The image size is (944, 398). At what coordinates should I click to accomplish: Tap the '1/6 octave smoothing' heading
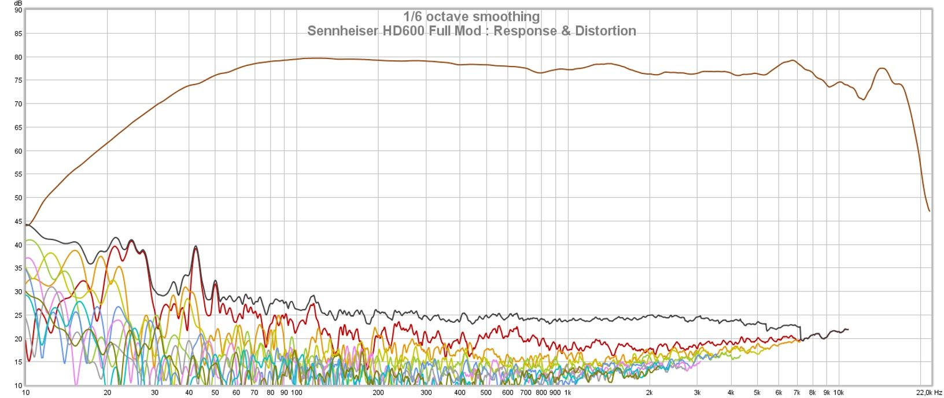pos(471,17)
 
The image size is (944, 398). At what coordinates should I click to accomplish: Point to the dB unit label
pos(18,3)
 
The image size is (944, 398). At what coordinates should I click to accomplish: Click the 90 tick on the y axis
pos(18,10)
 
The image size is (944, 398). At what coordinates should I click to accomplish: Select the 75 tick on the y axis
pos(18,80)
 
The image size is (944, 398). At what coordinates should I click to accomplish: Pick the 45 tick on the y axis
pos(18,222)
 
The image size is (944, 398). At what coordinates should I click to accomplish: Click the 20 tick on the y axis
pos(18,339)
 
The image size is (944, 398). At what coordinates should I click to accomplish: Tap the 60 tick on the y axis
pos(18,151)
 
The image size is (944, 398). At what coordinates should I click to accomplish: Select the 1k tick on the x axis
pos(568,392)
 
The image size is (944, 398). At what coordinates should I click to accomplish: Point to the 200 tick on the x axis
pos(378,392)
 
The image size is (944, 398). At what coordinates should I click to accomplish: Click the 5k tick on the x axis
pos(757,392)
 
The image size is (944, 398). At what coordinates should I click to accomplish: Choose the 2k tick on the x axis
pos(650,392)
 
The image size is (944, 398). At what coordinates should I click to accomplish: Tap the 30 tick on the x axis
pos(155,392)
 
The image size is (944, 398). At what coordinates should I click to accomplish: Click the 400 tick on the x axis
pos(460,392)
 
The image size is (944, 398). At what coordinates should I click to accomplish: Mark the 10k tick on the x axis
pos(838,392)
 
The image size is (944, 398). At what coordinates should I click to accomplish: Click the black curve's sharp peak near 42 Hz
pos(196,246)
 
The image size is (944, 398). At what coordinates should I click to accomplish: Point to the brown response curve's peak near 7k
pos(793,60)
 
